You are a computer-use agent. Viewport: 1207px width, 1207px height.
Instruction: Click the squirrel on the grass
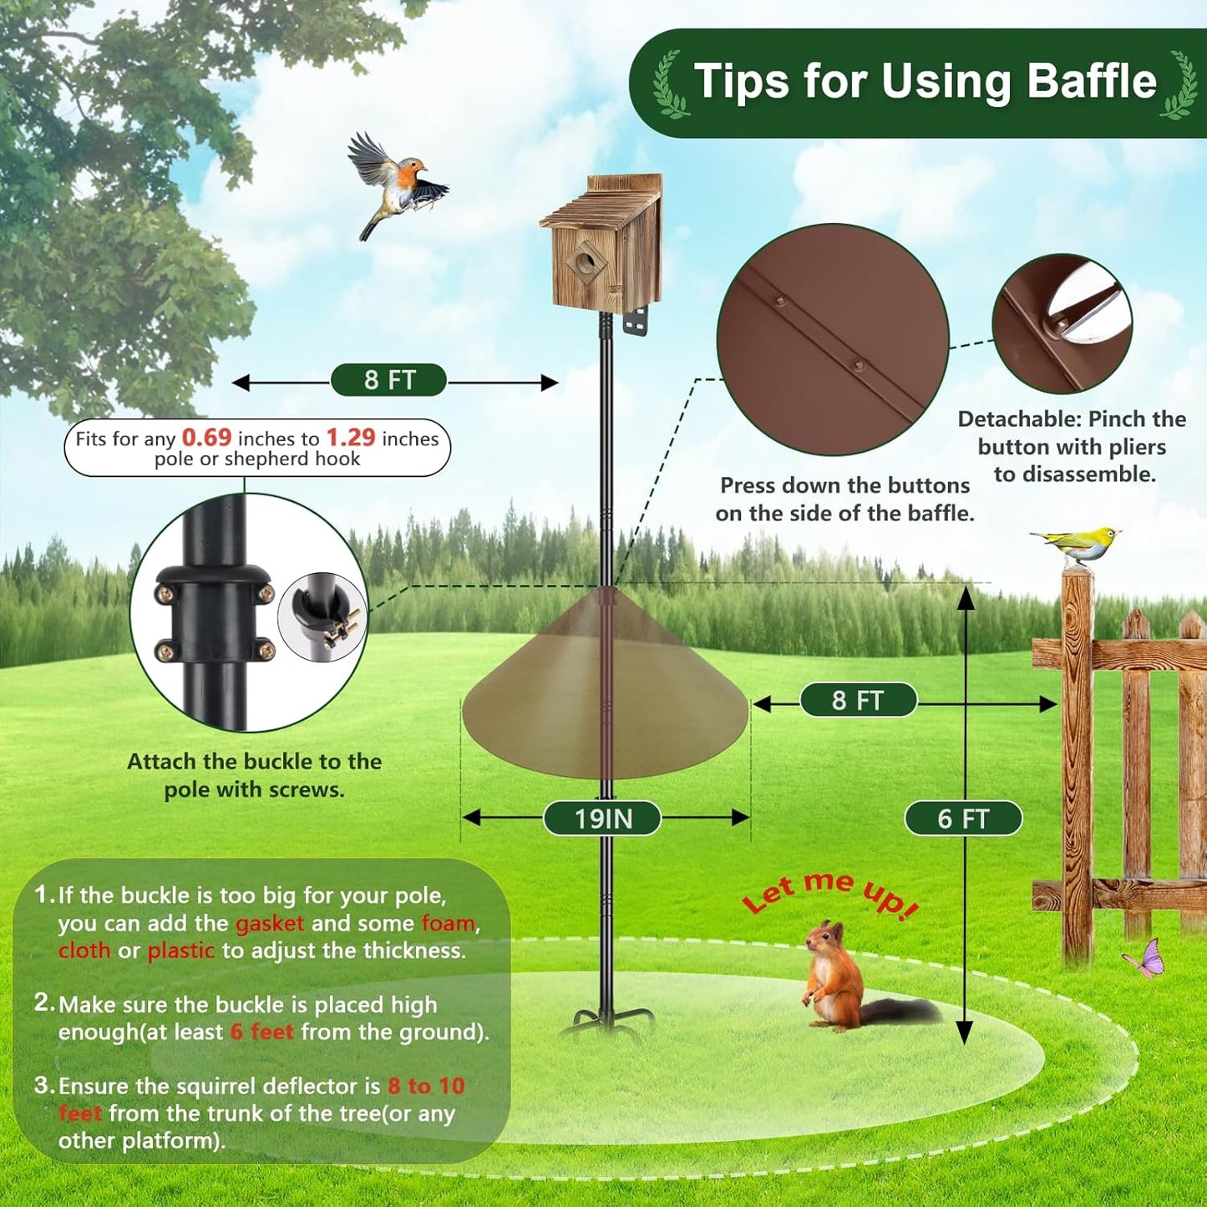coord(835,977)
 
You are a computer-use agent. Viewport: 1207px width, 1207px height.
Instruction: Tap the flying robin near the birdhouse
coord(397,185)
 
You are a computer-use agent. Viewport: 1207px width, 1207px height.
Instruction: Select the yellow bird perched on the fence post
coord(1078,545)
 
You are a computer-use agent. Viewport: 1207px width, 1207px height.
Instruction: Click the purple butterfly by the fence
coord(1146,958)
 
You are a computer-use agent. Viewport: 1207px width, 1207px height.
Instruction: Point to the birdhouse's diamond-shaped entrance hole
coord(587,262)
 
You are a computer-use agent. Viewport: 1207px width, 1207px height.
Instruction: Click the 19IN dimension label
coord(602,819)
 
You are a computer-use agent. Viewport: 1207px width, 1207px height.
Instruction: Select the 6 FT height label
coord(962,819)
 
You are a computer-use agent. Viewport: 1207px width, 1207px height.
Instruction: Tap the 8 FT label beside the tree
coord(389,380)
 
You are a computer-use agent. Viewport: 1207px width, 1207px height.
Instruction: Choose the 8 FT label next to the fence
coord(858,700)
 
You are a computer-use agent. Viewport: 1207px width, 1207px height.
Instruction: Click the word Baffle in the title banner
coord(1091,82)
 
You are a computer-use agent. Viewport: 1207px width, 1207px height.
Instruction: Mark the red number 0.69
coord(206,438)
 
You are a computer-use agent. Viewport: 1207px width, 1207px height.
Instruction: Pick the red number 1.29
coord(350,438)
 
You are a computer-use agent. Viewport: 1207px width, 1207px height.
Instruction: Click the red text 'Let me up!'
coord(830,893)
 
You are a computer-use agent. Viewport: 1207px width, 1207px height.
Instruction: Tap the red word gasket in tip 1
coord(270,923)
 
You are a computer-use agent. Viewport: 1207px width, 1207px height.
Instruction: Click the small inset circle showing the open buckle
coord(322,616)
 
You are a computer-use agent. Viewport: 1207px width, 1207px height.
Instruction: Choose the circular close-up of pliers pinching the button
coord(1062,323)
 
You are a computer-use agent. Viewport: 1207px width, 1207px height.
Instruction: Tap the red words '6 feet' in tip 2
coord(261,1032)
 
